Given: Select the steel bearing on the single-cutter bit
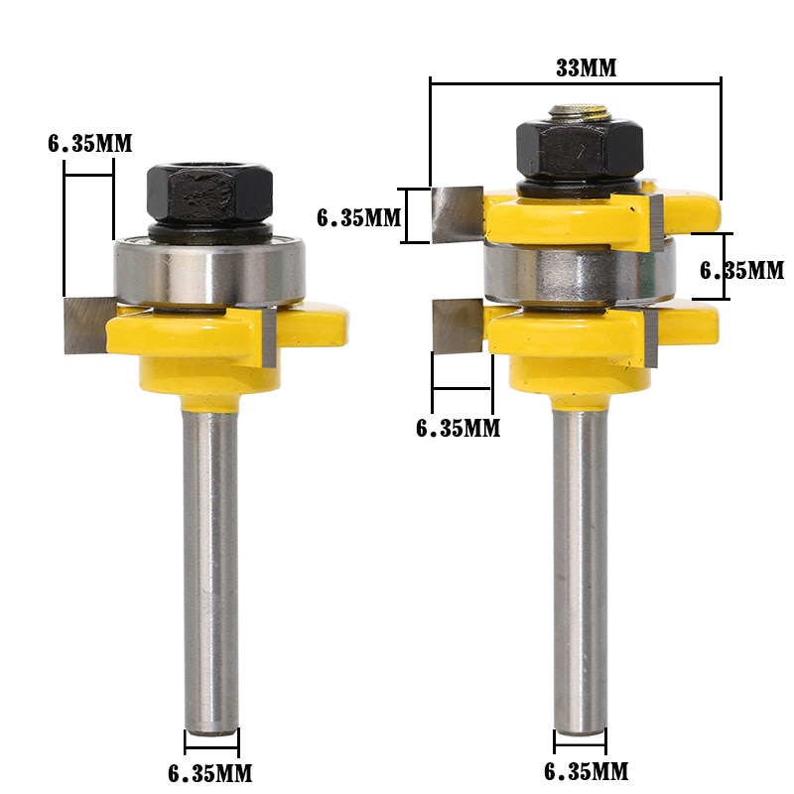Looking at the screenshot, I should pos(210,270).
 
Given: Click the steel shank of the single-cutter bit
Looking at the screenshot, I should pos(211,556).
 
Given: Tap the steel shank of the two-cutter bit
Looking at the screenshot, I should pos(580,566).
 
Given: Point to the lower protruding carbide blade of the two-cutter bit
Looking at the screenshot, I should pos(458,327).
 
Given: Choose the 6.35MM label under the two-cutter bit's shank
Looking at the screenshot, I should pos(586,770).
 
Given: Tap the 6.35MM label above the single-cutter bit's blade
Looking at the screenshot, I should pos(89,143).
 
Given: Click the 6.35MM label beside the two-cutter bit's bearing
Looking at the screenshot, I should pos(742,270).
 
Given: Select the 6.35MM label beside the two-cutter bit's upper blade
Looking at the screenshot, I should pos(358,216).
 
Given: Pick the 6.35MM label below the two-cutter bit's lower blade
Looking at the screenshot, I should pos(458,428).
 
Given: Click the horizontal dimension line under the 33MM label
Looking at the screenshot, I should pos(575,84).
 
